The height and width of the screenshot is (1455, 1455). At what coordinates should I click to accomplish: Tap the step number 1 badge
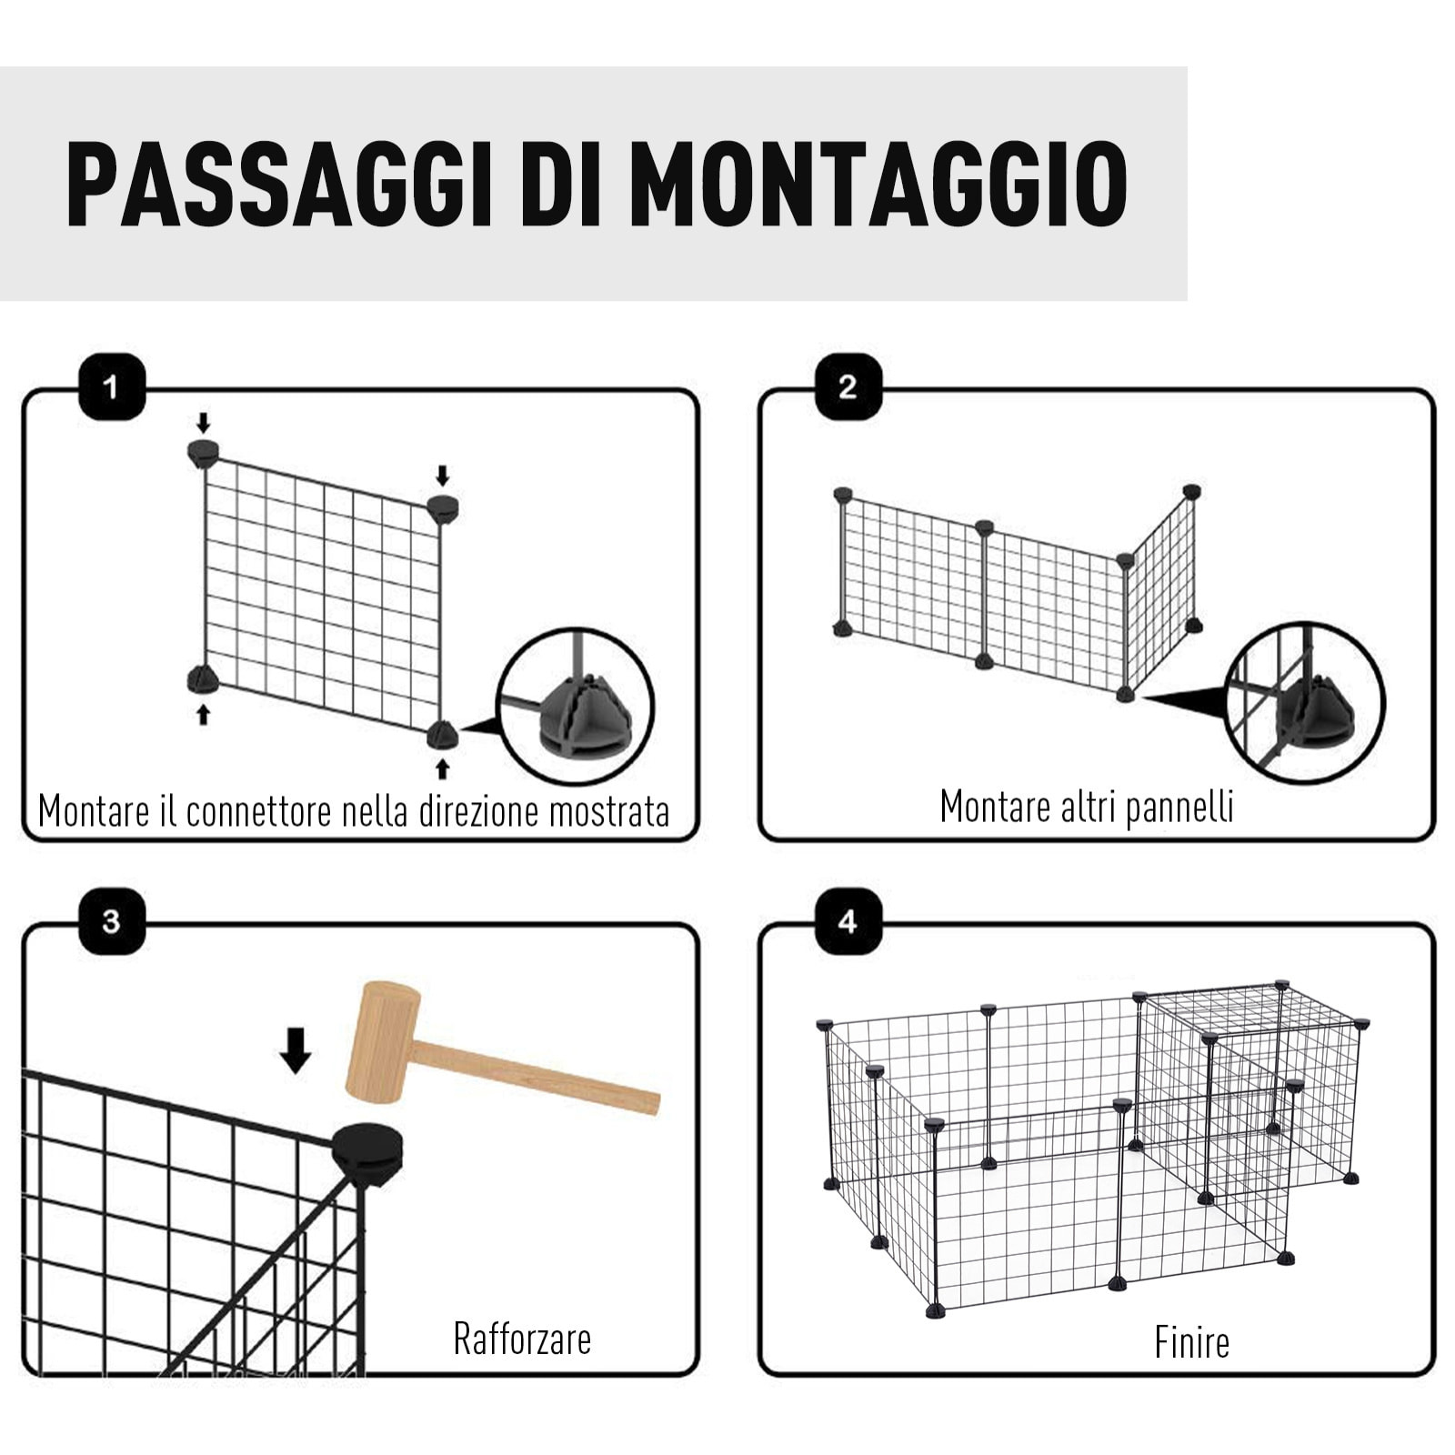click(x=112, y=387)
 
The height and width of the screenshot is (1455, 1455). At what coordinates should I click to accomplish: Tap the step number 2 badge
click(x=848, y=387)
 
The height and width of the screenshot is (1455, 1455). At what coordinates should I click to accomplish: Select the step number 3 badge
click(x=112, y=921)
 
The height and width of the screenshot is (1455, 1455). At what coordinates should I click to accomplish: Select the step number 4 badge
click(x=848, y=921)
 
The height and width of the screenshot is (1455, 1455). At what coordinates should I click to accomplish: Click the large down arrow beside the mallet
click(x=296, y=1050)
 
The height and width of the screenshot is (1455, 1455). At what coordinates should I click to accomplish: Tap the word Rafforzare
click(x=522, y=1340)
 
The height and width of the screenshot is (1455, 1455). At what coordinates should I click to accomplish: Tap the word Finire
click(x=1191, y=1342)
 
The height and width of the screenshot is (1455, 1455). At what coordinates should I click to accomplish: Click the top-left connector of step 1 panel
click(x=204, y=451)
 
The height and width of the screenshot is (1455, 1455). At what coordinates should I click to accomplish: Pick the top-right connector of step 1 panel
click(x=443, y=507)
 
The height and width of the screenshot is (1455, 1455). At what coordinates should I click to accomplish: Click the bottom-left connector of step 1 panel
click(x=203, y=679)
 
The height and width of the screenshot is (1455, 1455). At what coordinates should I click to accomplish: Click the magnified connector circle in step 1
click(x=576, y=707)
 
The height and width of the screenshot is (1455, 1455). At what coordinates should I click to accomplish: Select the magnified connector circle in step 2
click(x=1305, y=701)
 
